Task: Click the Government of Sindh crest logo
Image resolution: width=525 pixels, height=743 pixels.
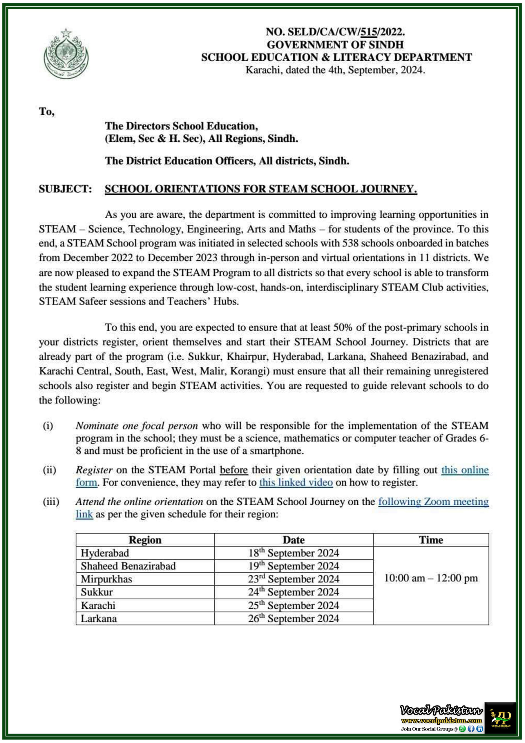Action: pyautogui.click(x=66, y=54)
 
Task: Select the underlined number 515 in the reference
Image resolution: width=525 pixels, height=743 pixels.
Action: pyautogui.click(x=369, y=32)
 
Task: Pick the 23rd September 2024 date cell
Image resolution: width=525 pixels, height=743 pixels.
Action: pyautogui.click(x=294, y=579)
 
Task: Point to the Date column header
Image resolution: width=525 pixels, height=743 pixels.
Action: pyautogui.click(x=294, y=540)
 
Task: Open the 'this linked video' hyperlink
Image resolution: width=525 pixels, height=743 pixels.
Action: pyautogui.click(x=296, y=482)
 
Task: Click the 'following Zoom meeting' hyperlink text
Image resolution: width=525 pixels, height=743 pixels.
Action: pyautogui.click(x=433, y=502)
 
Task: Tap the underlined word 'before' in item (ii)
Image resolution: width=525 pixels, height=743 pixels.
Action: pyautogui.click(x=233, y=470)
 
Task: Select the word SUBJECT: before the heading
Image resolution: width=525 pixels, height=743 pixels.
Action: pyautogui.click(x=65, y=189)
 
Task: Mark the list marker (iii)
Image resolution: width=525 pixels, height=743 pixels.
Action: pyautogui.click(x=51, y=502)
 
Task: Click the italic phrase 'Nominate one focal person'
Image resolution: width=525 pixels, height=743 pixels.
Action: pyautogui.click(x=137, y=425)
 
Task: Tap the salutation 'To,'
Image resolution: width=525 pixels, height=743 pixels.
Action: pyautogui.click(x=47, y=112)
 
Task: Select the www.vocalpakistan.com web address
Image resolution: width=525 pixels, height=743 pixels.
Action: pyautogui.click(x=441, y=720)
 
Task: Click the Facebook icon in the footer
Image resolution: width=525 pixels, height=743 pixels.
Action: pyautogui.click(x=471, y=729)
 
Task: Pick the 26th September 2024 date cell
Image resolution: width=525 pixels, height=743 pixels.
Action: pyautogui.click(x=294, y=618)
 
